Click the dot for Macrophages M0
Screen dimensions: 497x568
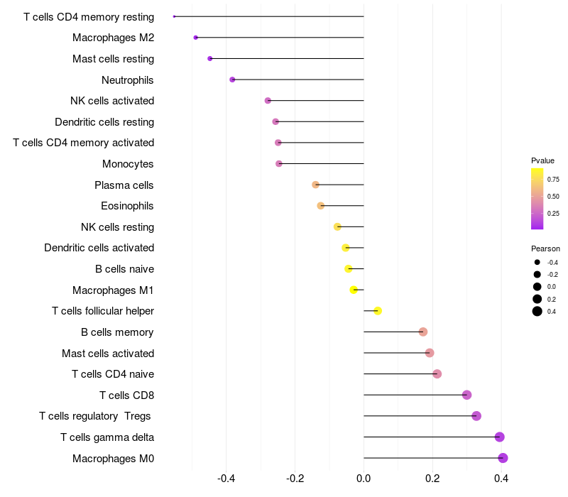pos(503,458)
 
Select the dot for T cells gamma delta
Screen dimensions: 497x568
pos(500,437)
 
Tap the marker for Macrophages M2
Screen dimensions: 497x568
pos(196,37)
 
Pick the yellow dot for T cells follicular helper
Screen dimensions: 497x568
pos(378,311)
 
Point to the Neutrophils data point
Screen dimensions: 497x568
pos(232,80)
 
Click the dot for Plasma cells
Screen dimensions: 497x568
pos(316,185)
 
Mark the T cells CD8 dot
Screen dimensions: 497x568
pos(466,395)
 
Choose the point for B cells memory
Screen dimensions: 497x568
pos(423,332)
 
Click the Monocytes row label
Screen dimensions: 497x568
pos(128,164)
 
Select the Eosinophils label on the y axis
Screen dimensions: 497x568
pos(127,206)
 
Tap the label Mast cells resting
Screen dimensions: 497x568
pos(113,59)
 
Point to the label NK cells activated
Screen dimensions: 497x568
pos(112,101)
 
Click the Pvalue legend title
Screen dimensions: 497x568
pos(542,160)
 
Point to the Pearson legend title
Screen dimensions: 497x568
pos(545,248)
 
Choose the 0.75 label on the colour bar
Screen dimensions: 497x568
pos(553,179)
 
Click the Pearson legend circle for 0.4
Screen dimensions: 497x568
pos(537,311)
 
